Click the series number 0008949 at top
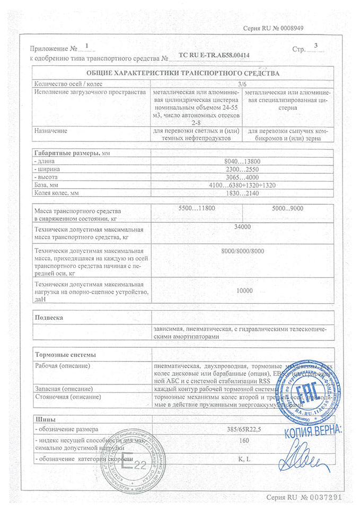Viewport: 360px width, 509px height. click(x=288, y=27)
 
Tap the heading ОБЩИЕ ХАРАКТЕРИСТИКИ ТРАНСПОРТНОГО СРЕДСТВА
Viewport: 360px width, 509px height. click(x=182, y=73)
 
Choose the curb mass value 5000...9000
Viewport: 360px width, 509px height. click(x=288, y=210)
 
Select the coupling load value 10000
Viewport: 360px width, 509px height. click(x=243, y=291)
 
